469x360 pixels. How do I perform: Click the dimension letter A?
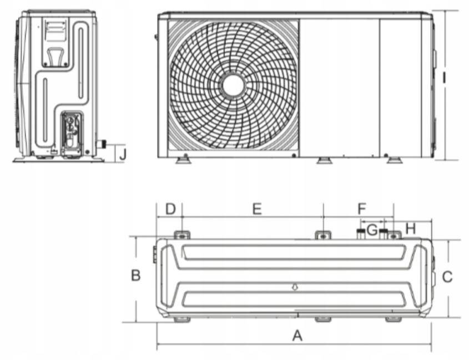coord(297,336)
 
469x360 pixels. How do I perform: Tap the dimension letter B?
coord(136,275)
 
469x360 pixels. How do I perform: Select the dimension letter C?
coord(447,277)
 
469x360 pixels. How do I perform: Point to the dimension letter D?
coord(170,209)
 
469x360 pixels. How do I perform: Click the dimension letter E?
coord(257,209)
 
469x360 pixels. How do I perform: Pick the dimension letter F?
coord(362,209)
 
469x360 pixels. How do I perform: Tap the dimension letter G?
coord(372,230)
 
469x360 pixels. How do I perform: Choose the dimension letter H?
coord(411,229)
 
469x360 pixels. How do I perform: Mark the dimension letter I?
coord(445,78)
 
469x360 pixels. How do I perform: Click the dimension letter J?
coord(123,155)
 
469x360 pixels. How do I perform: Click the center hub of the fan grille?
coord(233,85)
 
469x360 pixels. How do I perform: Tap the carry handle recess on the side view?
coord(55,57)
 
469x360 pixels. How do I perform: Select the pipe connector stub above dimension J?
coord(102,144)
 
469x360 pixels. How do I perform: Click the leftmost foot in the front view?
coord(183,159)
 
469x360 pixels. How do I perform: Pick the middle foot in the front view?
coord(324,160)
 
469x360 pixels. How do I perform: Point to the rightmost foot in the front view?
coord(394,159)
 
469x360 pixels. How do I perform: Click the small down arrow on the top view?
coord(295,287)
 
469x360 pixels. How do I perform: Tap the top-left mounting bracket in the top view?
coord(182,235)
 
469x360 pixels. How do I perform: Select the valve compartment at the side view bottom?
coord(72,134)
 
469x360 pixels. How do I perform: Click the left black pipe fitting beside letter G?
coord(360,233)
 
